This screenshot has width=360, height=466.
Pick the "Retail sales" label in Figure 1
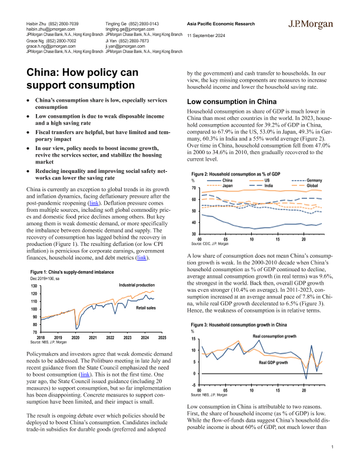pyautogui.click(x=146, y=308)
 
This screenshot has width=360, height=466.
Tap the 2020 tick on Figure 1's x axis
pyautogui.click(x=76, y=338)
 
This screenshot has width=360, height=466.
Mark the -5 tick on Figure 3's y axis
pyautogui.click(x=194, y=385)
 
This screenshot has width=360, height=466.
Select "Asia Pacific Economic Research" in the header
pyautogui.click(x=221, y=24)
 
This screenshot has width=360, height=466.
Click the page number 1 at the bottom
pyautogui.click(x=332, y=448)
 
